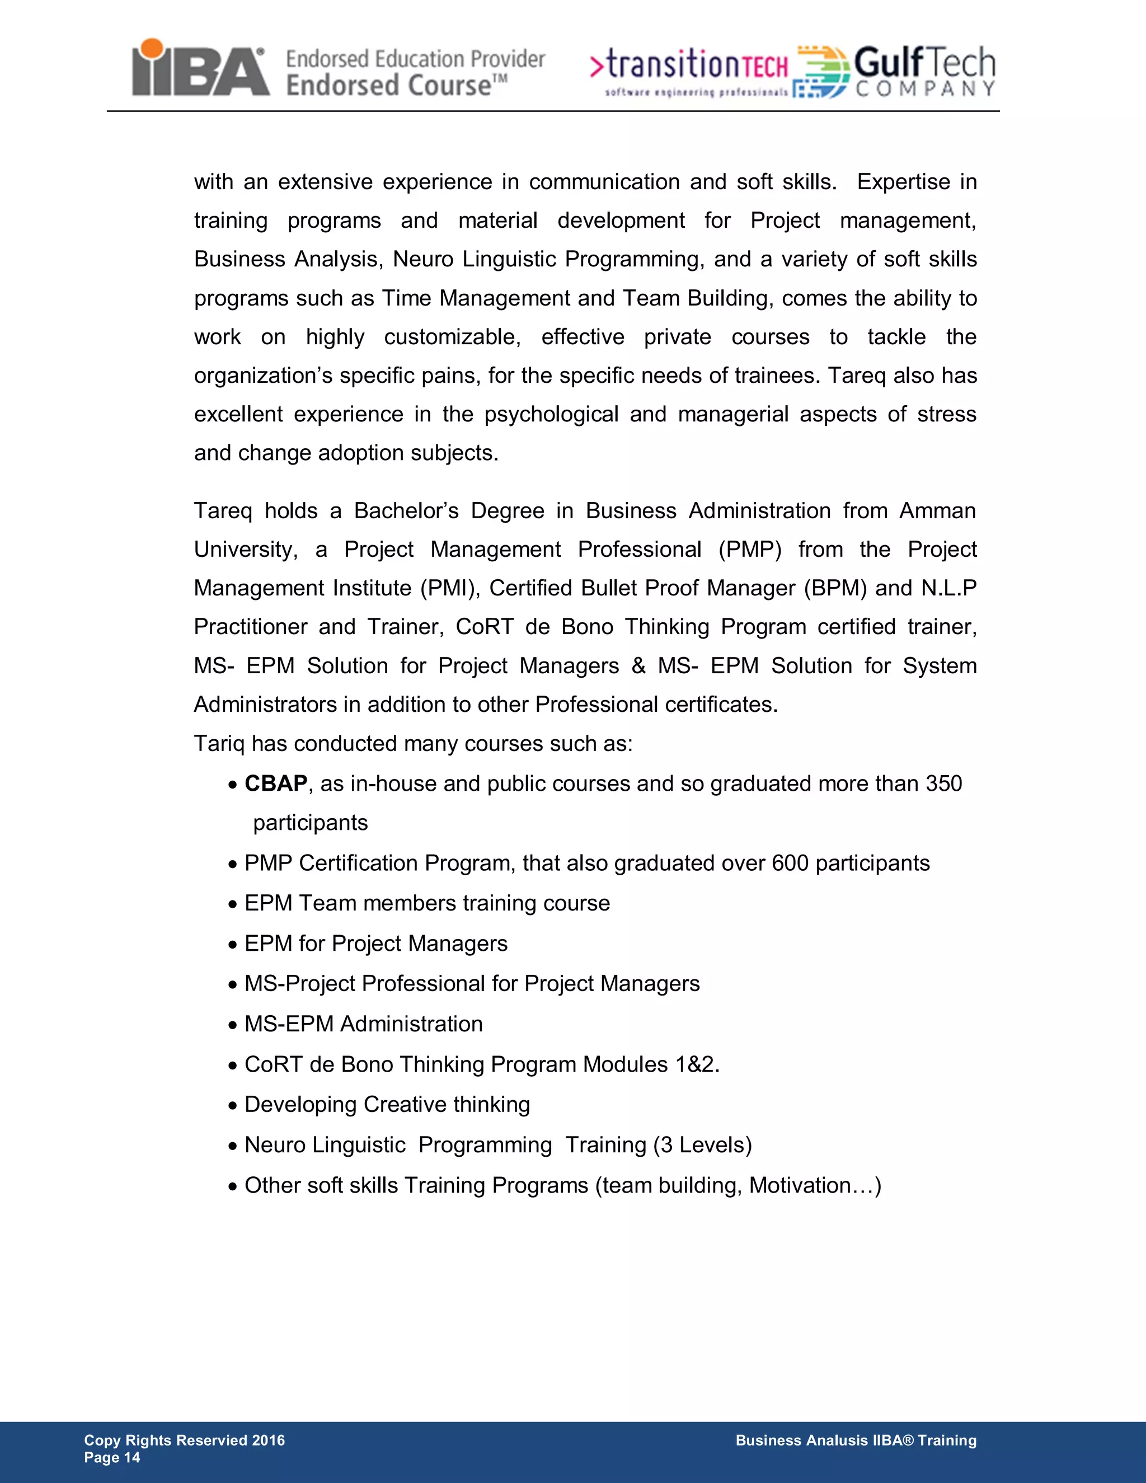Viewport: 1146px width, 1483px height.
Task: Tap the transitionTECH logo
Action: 689,71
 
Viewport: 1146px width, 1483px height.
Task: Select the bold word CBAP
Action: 276,783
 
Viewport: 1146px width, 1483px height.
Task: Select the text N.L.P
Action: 948,588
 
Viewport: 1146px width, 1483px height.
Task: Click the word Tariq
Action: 219,744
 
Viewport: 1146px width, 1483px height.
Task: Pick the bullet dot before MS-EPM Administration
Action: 233,1025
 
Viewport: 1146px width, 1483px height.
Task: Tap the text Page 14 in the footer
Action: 112,1457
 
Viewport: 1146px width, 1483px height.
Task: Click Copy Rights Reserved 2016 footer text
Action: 184,1440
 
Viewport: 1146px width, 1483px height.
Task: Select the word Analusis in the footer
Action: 837,1440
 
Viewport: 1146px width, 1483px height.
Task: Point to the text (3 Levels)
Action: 703,1145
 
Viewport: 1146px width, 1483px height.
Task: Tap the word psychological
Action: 551,414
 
